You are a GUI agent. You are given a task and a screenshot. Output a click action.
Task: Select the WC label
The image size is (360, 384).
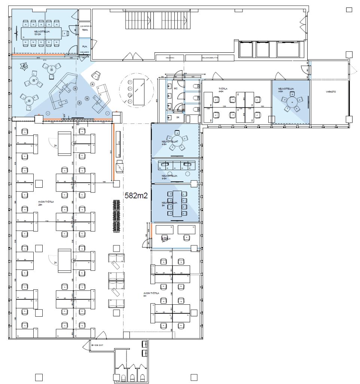[x=175, y=89]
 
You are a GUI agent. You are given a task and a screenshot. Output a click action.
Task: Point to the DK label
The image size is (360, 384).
[x=178, y=117]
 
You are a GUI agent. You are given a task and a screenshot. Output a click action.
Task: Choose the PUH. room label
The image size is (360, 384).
[x=85, y=46]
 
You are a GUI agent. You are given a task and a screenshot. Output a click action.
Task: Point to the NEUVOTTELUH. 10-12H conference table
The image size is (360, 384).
[x=41, y=33]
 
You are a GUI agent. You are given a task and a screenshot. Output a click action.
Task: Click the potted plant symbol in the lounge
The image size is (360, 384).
[x=25, y=67]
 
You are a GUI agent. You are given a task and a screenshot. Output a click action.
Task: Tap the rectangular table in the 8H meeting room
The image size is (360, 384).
[x=177, y=203]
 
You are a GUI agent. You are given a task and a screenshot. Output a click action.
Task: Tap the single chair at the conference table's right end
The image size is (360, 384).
[x=66, y=33]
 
